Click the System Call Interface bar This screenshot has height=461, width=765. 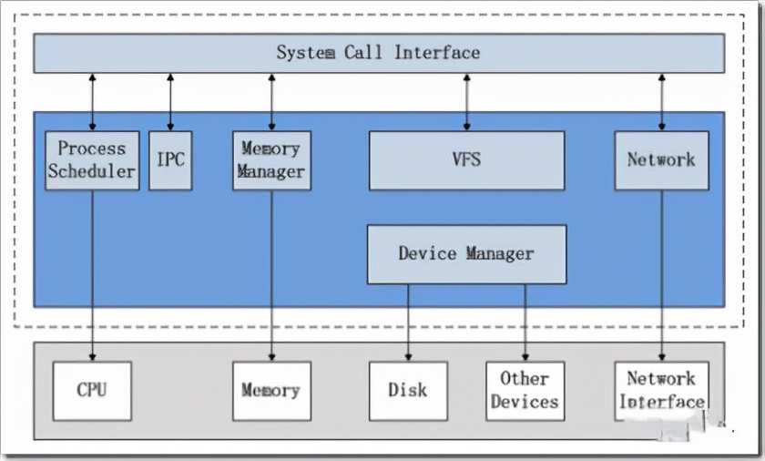379,53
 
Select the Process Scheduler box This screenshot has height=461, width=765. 92,160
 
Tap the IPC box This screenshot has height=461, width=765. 170,160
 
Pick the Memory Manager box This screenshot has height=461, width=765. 271,160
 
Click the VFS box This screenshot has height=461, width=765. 466,160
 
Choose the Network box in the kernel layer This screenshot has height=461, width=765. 661,160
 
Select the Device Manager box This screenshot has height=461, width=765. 466,254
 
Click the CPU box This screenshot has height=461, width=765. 92,391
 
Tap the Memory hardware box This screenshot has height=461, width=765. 271,391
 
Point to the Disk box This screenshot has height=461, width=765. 408,391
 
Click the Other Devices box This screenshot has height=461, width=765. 525,391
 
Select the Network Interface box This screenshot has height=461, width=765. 661,391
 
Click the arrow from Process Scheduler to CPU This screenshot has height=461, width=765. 92,273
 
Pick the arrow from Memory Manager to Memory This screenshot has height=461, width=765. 271,273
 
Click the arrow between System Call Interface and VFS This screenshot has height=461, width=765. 466,101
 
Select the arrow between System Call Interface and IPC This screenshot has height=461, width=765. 170,101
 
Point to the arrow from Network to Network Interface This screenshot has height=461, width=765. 661,273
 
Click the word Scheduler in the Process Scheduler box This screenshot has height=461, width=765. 92,171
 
